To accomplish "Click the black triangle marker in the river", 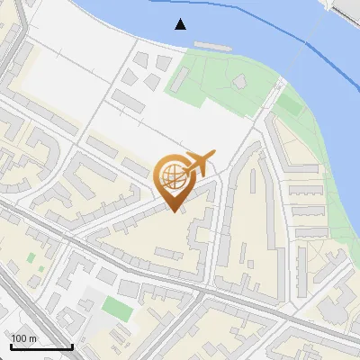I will [x=181, y=23].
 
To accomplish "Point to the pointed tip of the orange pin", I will [x=173, y=211].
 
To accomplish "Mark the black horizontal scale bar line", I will [x=41, y=346].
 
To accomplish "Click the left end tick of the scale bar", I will [x=11, y=345].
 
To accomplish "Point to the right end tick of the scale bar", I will [x=72, y=345].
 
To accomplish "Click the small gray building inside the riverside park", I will [x=239, y=83].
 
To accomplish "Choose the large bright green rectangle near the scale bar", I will [x=116, y=308].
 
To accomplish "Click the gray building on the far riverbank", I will [x=346, y=9].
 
